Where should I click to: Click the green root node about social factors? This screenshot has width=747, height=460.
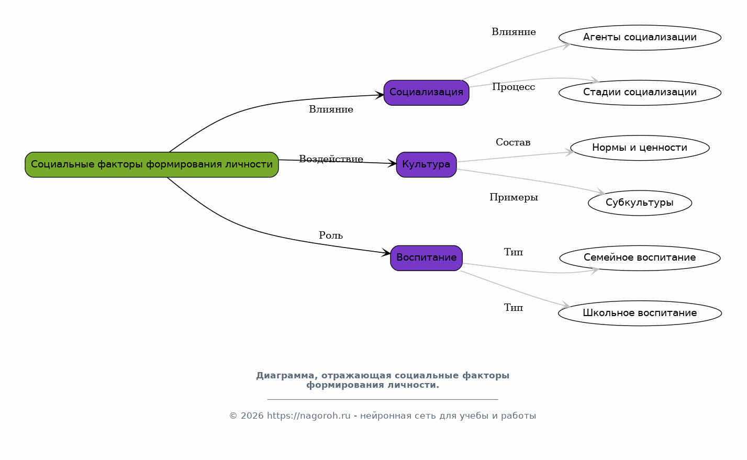[x=152, y=165]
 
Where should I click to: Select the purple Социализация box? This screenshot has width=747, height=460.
[x=426, y=93]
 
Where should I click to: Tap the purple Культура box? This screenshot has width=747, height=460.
[x=426, y=165]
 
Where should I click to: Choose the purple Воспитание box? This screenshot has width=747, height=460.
[x=426, y=258]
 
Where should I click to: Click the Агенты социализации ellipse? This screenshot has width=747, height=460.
[x=640, y=38]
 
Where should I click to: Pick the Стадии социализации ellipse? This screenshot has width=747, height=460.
[x=640, y=93]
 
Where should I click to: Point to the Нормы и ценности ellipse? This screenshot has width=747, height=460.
[x=640, y=148]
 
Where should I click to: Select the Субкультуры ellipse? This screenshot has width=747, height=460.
[x=640, y=203]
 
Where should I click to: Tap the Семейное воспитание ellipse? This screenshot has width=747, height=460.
[x=640, y=258]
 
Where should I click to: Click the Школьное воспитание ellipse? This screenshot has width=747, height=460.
[x=640, y=313]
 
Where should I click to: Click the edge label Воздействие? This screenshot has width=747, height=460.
[x=331, y=159]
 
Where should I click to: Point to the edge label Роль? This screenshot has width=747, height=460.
[x=331, y=235]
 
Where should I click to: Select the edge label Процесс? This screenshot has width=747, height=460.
[x=514, y=87]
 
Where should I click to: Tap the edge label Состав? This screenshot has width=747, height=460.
[x=513, y=142]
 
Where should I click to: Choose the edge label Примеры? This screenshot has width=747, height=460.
[x=514, y=197]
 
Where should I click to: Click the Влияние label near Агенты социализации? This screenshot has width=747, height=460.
[x=514, y=32]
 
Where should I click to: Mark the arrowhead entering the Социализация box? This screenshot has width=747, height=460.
[x=380, y=95]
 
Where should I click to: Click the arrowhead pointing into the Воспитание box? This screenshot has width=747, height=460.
[x=386, y=253]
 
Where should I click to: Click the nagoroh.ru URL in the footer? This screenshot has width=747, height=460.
[x=309, y=416]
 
